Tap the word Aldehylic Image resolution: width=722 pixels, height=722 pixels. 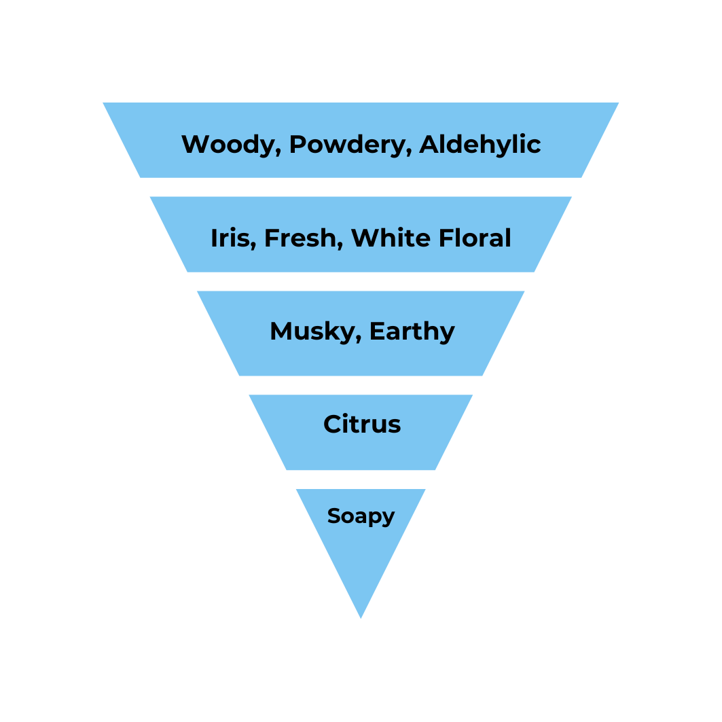pyautogui.click(x=480, y=145)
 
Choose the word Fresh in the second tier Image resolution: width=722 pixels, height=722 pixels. pyautogui.click(x=301, y=238)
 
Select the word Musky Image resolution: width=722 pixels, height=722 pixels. pyautogui.click(x=312, y=331)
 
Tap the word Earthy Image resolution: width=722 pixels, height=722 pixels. pyautogui.click(x=412, y=331)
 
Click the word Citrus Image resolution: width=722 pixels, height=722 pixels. pyautogui.click(x=361, y=425)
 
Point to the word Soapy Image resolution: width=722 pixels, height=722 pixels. pyautogui.click(x=361, y=516)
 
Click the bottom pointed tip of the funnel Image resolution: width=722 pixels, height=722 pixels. pyautogui.click(x=361, y=616)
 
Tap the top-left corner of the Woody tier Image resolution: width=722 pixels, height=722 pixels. pyautogui.click(x=105, y=103)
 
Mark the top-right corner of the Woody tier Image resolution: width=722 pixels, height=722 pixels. pyautogui.click(x=617, y=103)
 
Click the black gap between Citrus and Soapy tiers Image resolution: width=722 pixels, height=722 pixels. pyautogui.click(x=361, y=480)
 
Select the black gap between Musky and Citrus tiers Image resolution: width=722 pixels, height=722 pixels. pyautogui.click(x=361, y=385)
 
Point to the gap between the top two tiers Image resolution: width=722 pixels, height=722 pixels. pyautogui.click(x=361, y=187)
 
